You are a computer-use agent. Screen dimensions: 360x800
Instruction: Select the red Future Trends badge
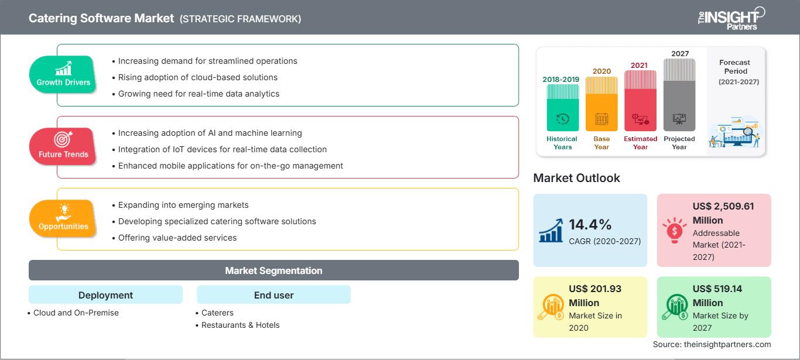(63, 146)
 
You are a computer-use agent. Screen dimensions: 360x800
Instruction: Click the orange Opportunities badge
(63, 218)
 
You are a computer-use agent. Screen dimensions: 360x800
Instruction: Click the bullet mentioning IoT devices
(222, 149)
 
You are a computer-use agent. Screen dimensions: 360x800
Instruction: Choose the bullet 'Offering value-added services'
(177, 238)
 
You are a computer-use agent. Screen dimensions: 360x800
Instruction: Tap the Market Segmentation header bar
(273, 270)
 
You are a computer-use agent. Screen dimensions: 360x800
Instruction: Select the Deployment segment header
(105, 295)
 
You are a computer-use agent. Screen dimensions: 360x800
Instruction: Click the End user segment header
(273, 295)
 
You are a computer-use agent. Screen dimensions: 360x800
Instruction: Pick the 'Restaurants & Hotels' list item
(240, 325)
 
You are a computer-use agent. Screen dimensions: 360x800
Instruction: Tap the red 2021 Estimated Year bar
(640, 100)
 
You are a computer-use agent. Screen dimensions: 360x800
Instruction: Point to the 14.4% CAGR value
(590, 225)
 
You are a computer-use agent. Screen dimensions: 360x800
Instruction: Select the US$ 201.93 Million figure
(594, 296)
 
